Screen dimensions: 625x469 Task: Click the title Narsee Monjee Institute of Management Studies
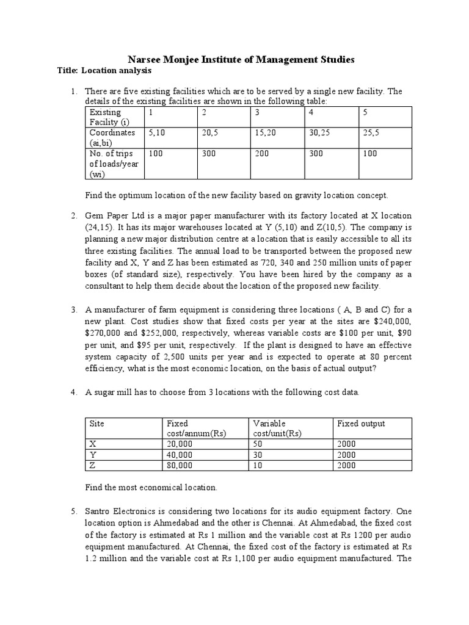tap(241, 59)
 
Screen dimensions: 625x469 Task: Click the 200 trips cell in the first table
tap(262, 154)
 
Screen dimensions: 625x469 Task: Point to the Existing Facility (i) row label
tap(105, 117)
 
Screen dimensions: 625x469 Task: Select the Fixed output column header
tap(361, 424)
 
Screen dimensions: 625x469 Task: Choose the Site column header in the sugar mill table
tap(97, 424)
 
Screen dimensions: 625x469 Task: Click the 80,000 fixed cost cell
tap(179, 466)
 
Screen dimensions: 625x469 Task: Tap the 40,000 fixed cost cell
tap(179, 455)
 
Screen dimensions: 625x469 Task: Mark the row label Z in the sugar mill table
tap(93, 466)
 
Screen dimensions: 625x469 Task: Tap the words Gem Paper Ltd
tap(111, 216)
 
